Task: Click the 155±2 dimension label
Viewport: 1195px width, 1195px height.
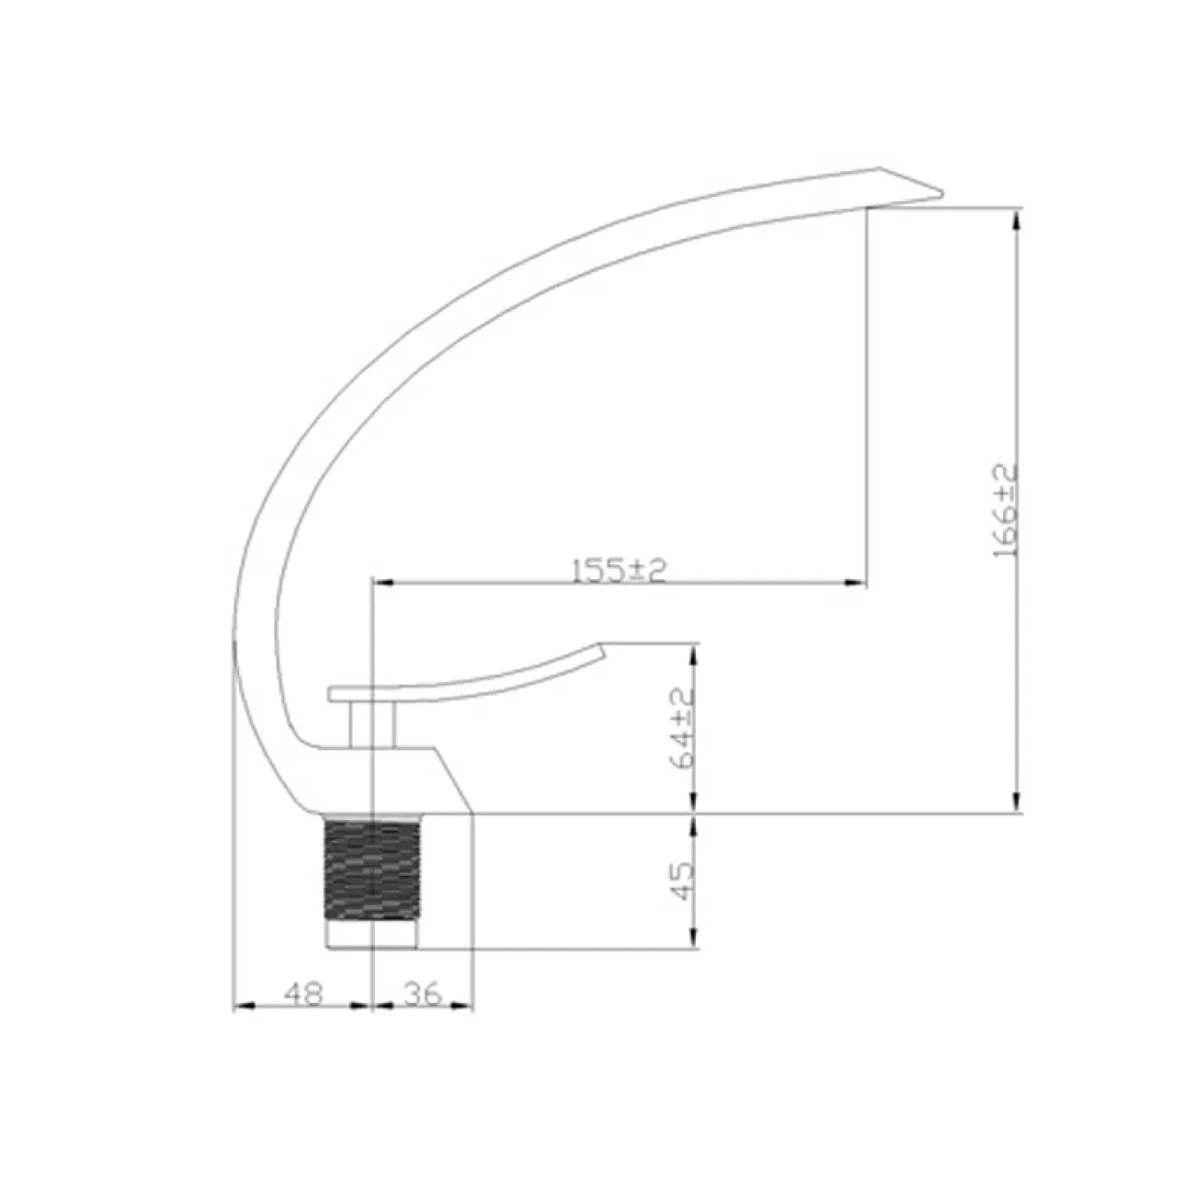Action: click(x=619, y=570)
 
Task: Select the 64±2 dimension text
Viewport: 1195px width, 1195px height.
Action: click(x=683, y=729)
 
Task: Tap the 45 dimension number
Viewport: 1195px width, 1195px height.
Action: click(x=682, y=882)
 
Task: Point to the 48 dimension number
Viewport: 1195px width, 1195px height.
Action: click(x=303, y=994)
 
